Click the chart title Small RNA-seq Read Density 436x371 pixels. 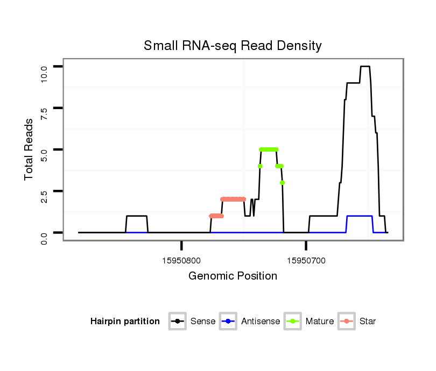pos(233,46)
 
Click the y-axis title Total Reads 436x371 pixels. pos(29,149)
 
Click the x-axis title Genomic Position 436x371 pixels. pos(233,276)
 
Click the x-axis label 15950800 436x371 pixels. pos(181,261)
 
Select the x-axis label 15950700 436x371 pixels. pos(306,261)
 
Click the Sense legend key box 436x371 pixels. pos(177,322)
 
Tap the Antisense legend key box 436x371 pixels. pos(228,322)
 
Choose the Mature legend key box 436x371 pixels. pos(293,322)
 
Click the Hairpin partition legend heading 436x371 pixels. pos(125,322)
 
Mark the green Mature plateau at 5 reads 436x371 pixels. pos(269,149)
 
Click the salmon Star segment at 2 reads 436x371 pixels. pos(233,199)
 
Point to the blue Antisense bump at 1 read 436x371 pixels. pos(360,216)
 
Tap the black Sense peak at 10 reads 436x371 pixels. pos(365,67)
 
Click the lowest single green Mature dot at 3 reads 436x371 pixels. pos(282,183)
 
